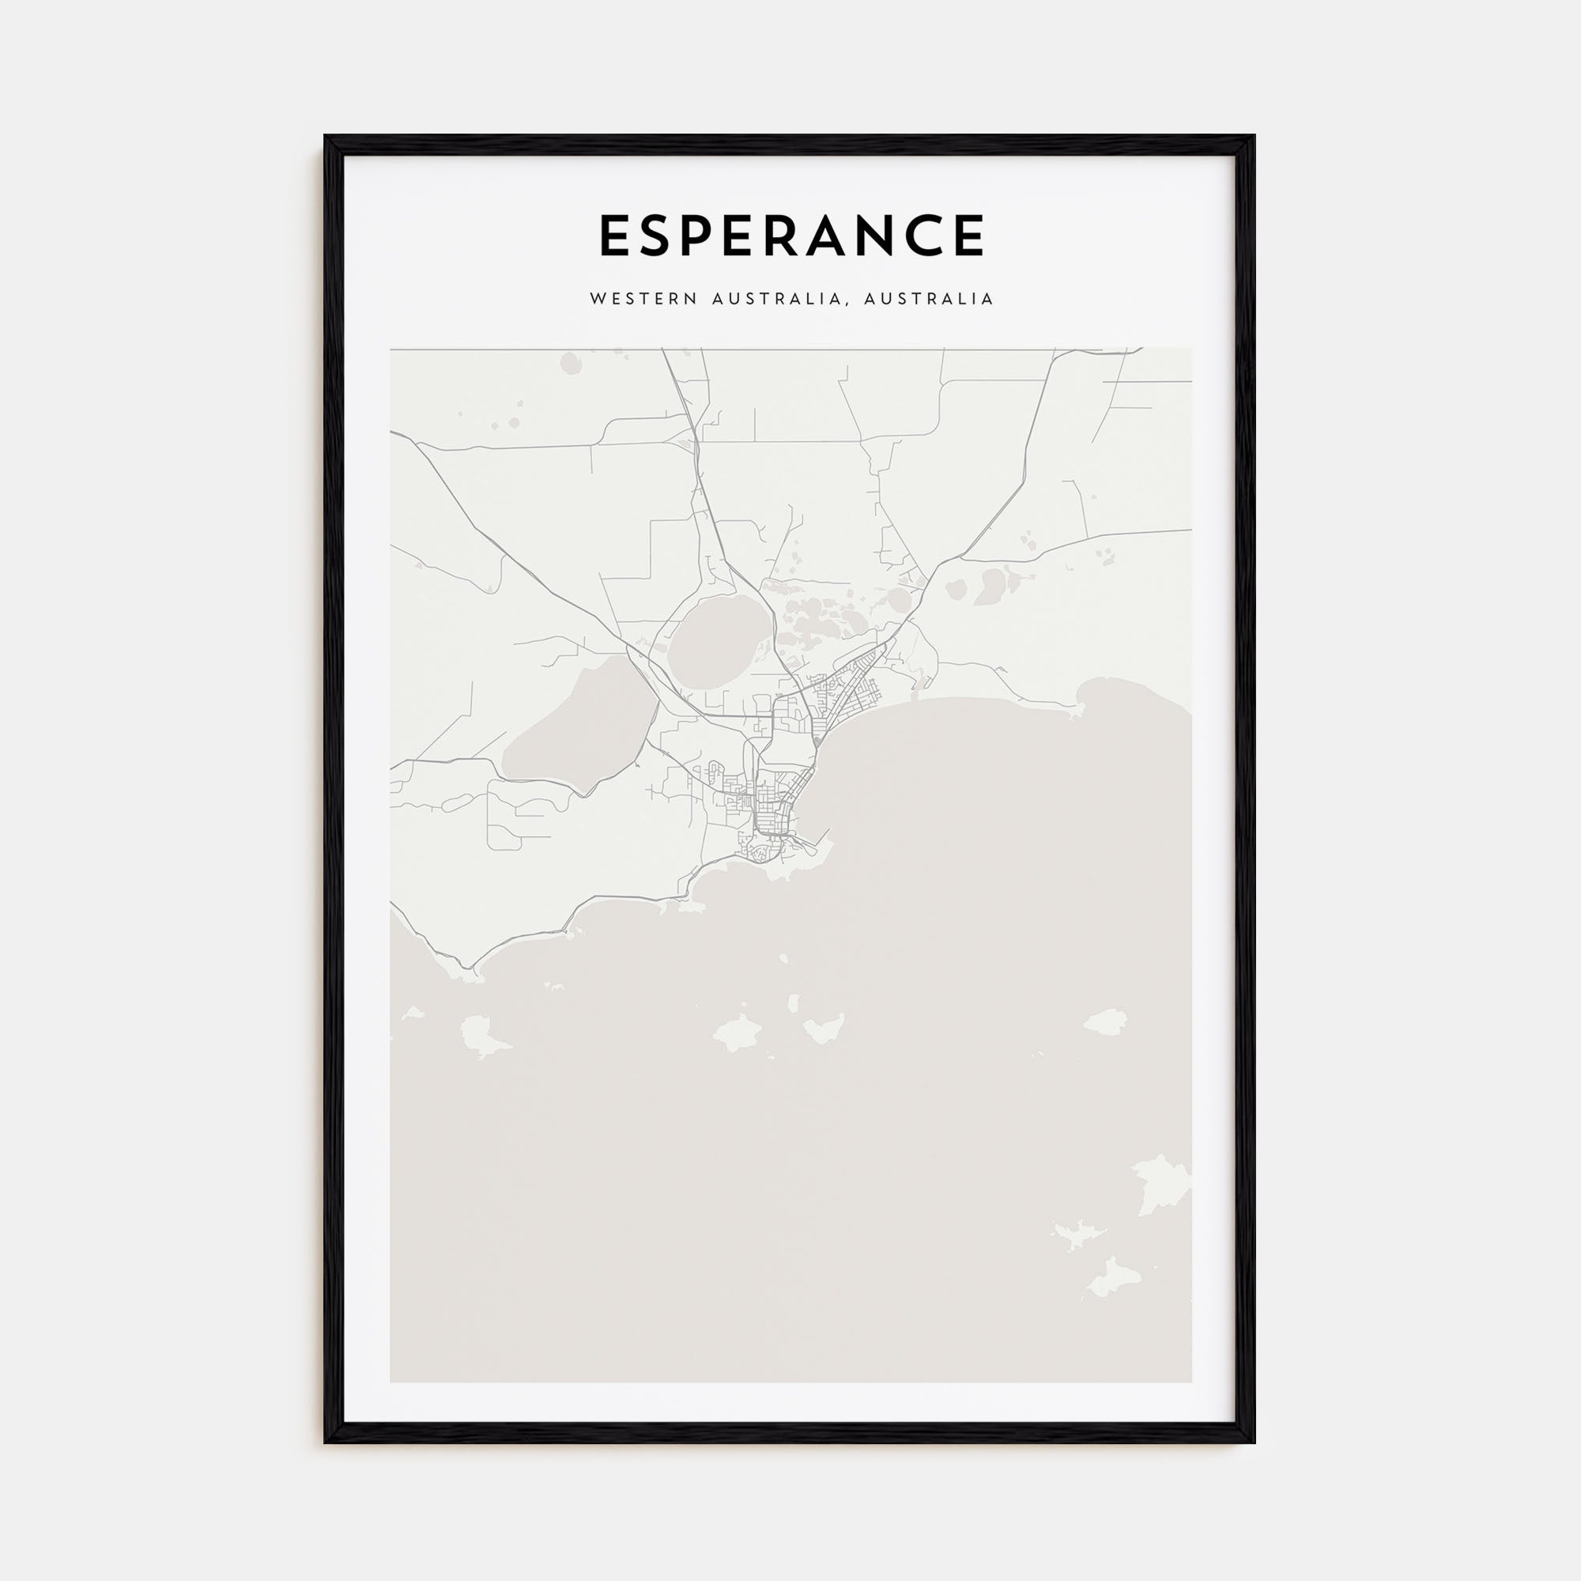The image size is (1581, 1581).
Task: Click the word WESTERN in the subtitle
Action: [x=644, y=300]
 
